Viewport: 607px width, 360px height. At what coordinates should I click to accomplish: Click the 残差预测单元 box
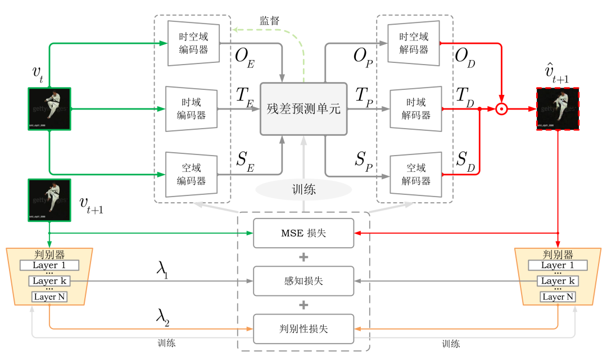point(303,109)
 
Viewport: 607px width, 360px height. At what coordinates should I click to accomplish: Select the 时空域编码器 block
point(193,43)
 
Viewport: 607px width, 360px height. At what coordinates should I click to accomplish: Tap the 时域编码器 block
point(192,108)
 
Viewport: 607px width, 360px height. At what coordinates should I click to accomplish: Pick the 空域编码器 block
point(192,174)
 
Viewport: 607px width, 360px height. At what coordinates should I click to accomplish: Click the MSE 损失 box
point(303,233)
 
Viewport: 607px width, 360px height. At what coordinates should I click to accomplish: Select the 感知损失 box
point(303,281)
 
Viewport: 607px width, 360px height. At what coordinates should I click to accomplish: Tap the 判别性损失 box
point(303,329)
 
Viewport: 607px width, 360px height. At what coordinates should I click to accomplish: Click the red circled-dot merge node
point(502,109)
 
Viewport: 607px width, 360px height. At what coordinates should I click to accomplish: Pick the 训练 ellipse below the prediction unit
point(303,190)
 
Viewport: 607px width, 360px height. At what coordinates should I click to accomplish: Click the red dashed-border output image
point(558,109)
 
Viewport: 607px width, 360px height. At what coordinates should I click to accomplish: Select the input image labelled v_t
point(49,109)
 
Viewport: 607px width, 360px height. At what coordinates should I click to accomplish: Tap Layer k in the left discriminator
point(49,280)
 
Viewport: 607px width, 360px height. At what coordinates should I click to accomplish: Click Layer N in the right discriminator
point(558,297)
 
